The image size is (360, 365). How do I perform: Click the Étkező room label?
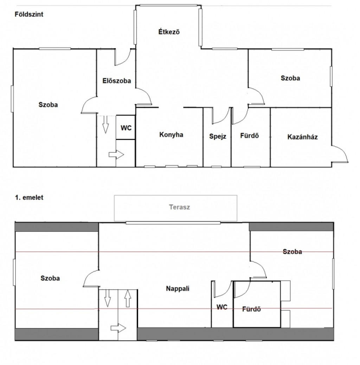tap(169, 31)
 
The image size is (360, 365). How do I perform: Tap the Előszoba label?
tap(117, 81)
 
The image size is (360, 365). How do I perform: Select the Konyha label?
tap(171, 135)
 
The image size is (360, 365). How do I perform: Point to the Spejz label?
tap(218, 136)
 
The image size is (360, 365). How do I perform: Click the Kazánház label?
tap(303, 137)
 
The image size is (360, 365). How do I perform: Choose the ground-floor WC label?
tap(126, 128)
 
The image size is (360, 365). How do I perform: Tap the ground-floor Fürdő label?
tap(250, 135)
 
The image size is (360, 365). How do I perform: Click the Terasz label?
tap(179, 207)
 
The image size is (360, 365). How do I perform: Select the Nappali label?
tap(178, 289)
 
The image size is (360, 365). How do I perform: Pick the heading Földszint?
tap(29, 14)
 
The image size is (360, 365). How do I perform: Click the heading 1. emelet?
tap(29, 197)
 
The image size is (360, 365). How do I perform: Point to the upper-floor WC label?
tap(222, 307)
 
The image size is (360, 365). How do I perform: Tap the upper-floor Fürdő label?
tap(251, 309)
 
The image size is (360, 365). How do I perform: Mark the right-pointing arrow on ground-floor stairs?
tap(116, 154)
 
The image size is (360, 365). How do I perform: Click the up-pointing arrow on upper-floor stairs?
tap(128, 299)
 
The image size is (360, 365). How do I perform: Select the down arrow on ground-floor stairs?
tap(105, 124)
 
